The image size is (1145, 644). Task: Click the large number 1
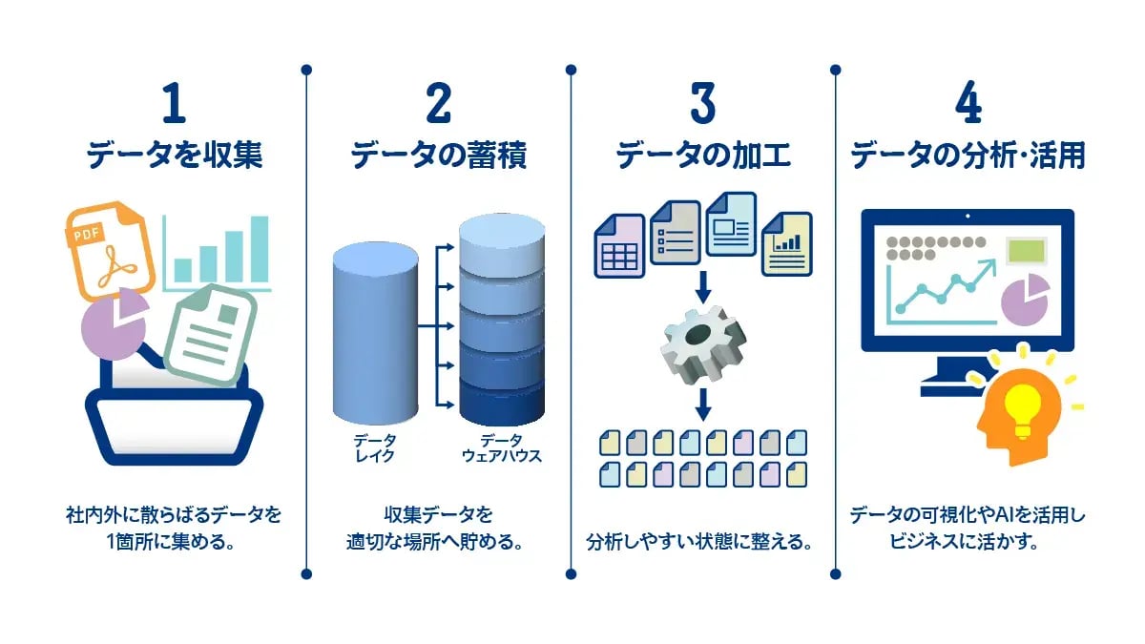click(175, 103)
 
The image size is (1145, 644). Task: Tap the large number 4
click(968, 103)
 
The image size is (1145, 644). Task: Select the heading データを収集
click(175, 155)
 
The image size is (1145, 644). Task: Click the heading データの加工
click(703, 155)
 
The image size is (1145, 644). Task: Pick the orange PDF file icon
click(111, 250)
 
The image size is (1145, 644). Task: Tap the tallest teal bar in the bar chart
click(260, 249)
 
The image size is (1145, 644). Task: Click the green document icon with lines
click(212, 334)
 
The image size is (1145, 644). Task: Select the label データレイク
click(375, 447)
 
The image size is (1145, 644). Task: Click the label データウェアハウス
click(502, 447)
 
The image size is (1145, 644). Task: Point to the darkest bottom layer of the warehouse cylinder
click(502, 402)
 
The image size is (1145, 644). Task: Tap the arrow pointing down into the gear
click(703, 287)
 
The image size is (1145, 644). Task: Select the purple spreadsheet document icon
click(619, 246)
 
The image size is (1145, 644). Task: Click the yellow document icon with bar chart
click(787, 244)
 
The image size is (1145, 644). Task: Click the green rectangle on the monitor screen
click(1026, 250)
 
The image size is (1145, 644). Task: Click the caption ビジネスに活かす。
click(964, 541)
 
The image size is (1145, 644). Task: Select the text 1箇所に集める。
click(171, 541)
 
